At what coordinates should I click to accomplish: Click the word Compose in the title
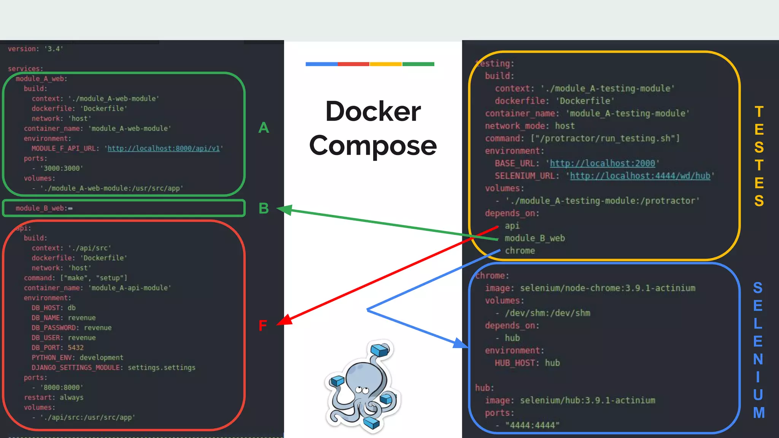[x=373, y=146]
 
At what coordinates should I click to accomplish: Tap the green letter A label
[x=264, y=128]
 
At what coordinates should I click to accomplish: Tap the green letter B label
[x=264, y=208]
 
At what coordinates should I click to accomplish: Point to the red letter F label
[x=262, y=325]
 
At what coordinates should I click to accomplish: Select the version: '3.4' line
[x=35, y=49]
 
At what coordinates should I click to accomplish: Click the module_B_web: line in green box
[x=44, y=208]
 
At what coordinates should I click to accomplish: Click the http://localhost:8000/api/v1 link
[x=164, y=148]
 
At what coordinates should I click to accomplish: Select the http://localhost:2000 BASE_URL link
[x=602, y=163]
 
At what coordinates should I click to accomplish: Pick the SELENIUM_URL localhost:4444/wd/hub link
[x=640, y=176]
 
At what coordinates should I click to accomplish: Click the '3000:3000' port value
[x=61, y=168]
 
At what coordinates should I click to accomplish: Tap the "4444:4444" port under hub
[x=532, y=425]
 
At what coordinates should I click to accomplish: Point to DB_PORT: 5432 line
[x=57, y=348]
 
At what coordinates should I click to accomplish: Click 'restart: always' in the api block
[x=54, y=397]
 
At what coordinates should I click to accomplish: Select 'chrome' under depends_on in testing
[x=520, y=251]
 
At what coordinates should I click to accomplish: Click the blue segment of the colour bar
[x=321, y=64]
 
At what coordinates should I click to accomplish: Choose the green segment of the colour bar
[x=418, y=64]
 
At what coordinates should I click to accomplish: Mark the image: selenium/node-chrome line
[x=590, y=288]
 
